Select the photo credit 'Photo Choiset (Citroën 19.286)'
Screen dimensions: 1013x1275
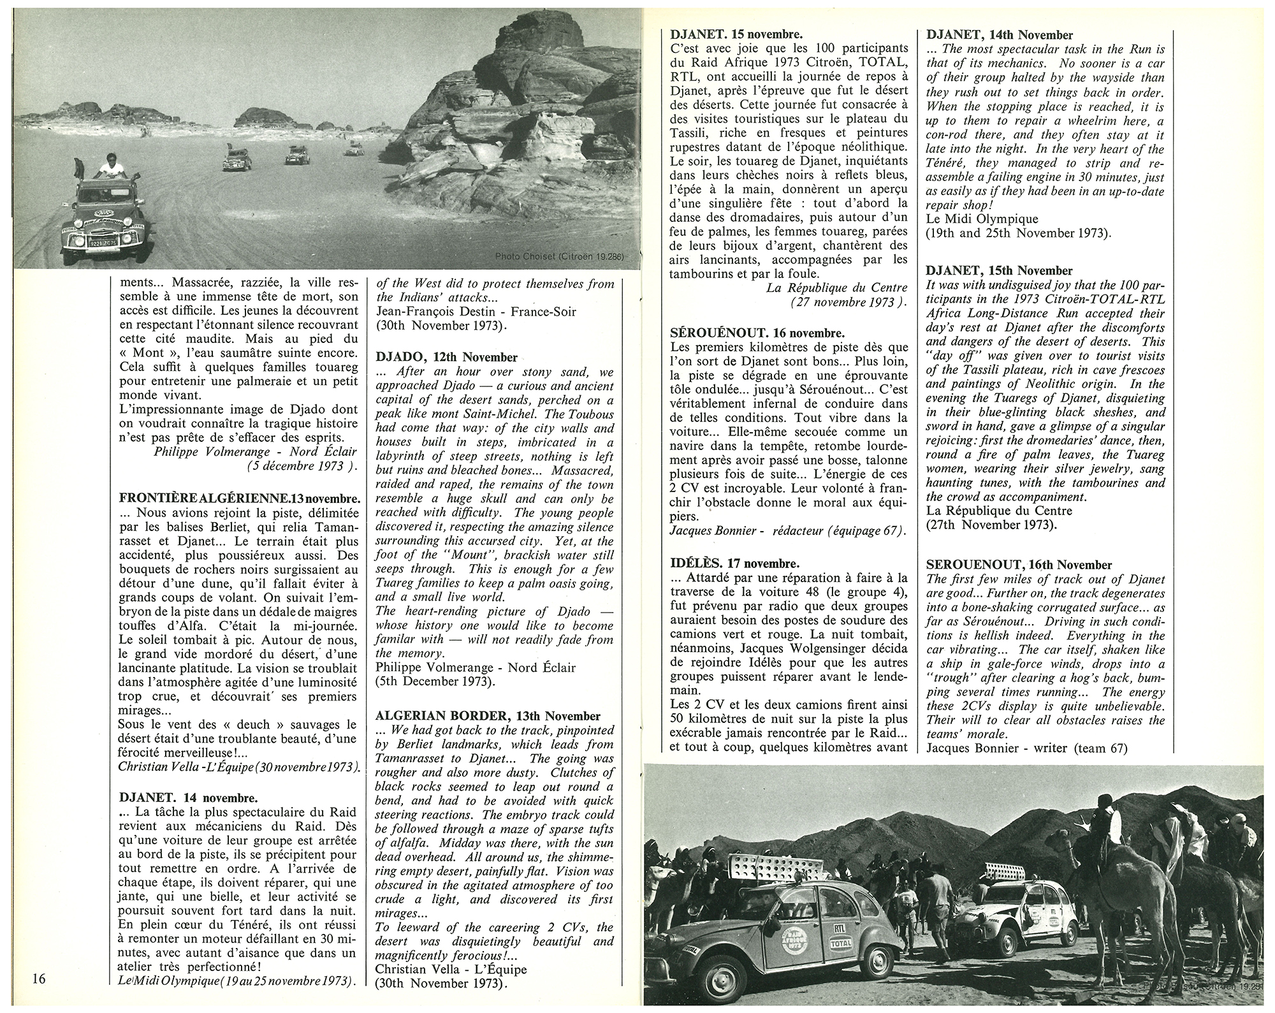560,256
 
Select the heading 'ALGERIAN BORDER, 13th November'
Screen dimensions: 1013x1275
488,717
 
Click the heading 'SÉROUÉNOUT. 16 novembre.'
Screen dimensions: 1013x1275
758,333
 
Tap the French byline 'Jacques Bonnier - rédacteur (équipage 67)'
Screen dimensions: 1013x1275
788,530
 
